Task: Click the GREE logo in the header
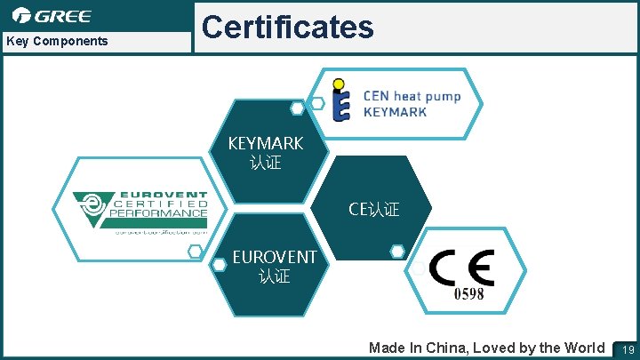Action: [52, 16]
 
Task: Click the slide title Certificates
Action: [288, 27]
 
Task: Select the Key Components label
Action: [57, 41]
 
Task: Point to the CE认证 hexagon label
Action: [374, 209]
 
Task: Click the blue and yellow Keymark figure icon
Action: [340, 100]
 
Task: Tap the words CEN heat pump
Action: [412, 96]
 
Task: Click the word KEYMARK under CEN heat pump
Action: [395, 112]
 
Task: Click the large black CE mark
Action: [461, 267]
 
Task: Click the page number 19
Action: [628, 348]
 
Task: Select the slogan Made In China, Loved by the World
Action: [486, 348]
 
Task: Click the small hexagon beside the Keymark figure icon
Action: [317, 103]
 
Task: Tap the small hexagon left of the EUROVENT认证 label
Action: [219, 264]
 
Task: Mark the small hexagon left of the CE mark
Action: [397, 252]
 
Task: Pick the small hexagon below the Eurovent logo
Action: [195, 252]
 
